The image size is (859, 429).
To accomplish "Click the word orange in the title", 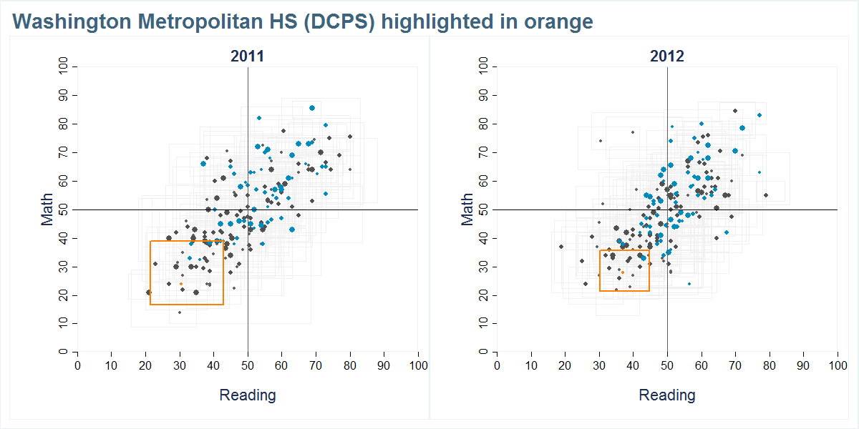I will pos(558,22).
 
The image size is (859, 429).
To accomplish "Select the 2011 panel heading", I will pos(248,56).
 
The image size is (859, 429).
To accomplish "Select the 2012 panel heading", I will pos(667,56).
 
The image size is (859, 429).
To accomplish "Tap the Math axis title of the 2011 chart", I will pos(48,209).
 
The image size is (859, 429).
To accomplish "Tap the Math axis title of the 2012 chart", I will pos(467,209).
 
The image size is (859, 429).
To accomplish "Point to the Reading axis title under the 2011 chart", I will pos(248,395).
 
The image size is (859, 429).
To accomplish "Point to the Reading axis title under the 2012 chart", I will pos(667,395).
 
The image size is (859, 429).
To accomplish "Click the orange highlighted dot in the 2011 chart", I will pos(181,284).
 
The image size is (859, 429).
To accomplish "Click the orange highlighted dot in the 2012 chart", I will pos(623,272).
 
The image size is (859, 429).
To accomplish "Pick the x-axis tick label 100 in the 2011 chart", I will pos(418,366).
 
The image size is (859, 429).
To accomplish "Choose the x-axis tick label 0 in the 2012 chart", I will pos(497,366).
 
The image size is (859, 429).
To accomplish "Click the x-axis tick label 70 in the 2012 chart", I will pos(735,366).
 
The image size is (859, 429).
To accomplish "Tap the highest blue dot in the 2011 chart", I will pos(312,108).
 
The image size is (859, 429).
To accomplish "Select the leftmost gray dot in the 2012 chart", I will pos(561,247).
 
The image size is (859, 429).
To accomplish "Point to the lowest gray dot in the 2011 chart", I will pos(180,312).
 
